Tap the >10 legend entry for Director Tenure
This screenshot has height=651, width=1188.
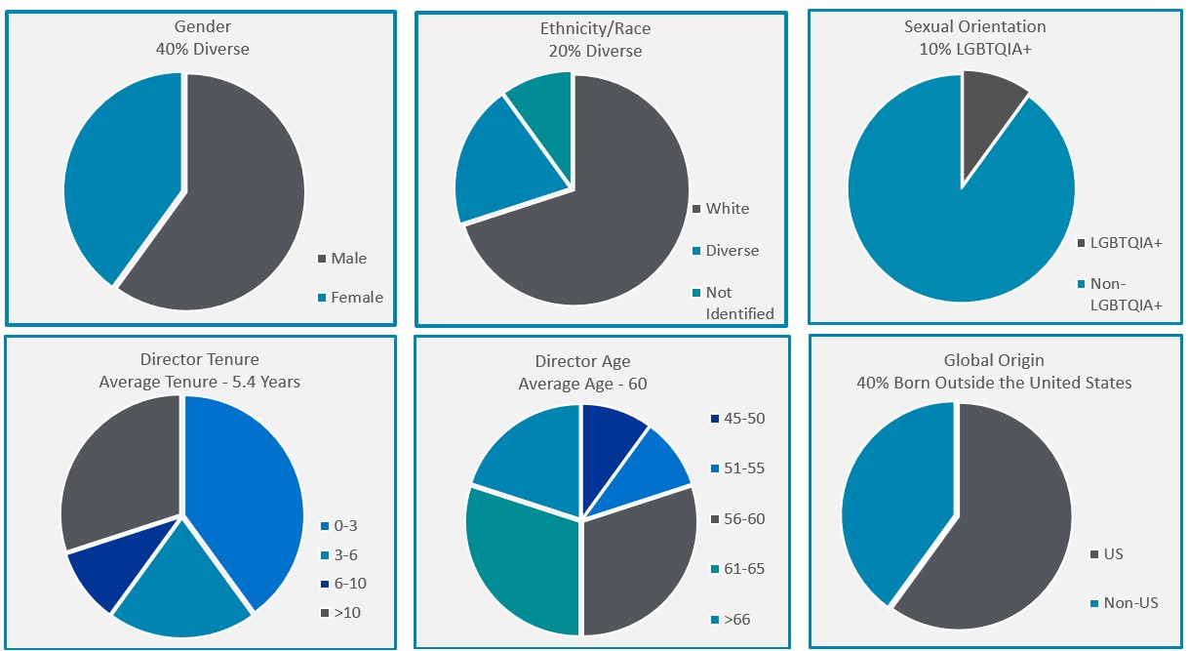[344, 613]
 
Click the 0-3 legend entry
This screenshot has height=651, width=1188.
[343, 526]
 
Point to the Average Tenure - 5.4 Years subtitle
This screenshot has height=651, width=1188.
[200, 382]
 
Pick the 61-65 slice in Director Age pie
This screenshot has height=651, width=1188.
[517, 556]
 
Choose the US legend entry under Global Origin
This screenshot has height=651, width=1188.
[1112, 554]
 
